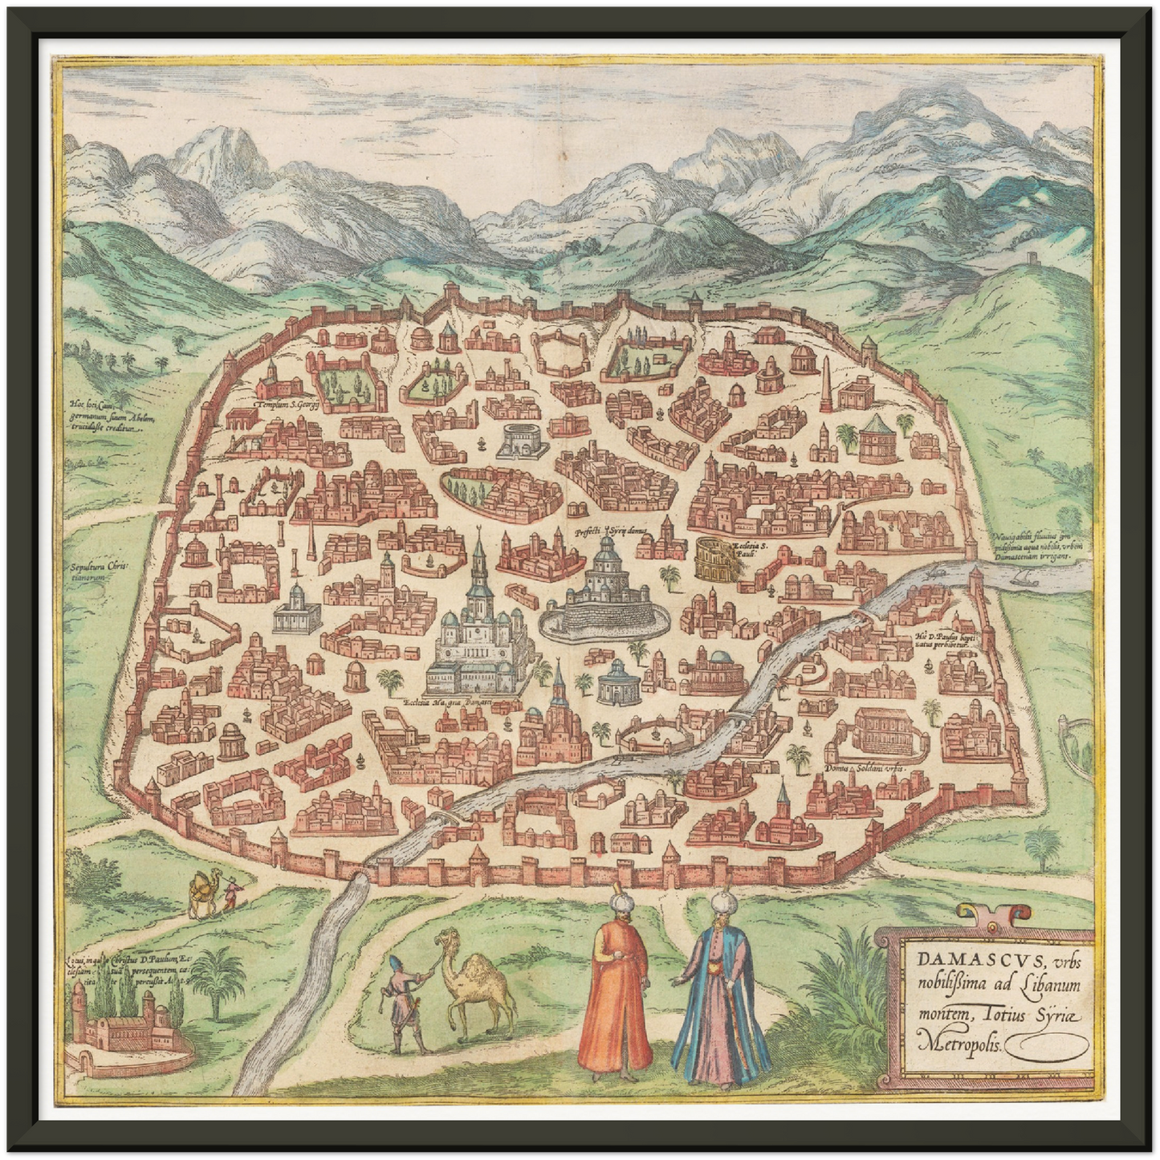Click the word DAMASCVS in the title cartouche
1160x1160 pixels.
pos(959,960)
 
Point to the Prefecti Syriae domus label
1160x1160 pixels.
pos(610,531)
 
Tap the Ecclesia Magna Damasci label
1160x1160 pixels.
pos(458,702)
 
